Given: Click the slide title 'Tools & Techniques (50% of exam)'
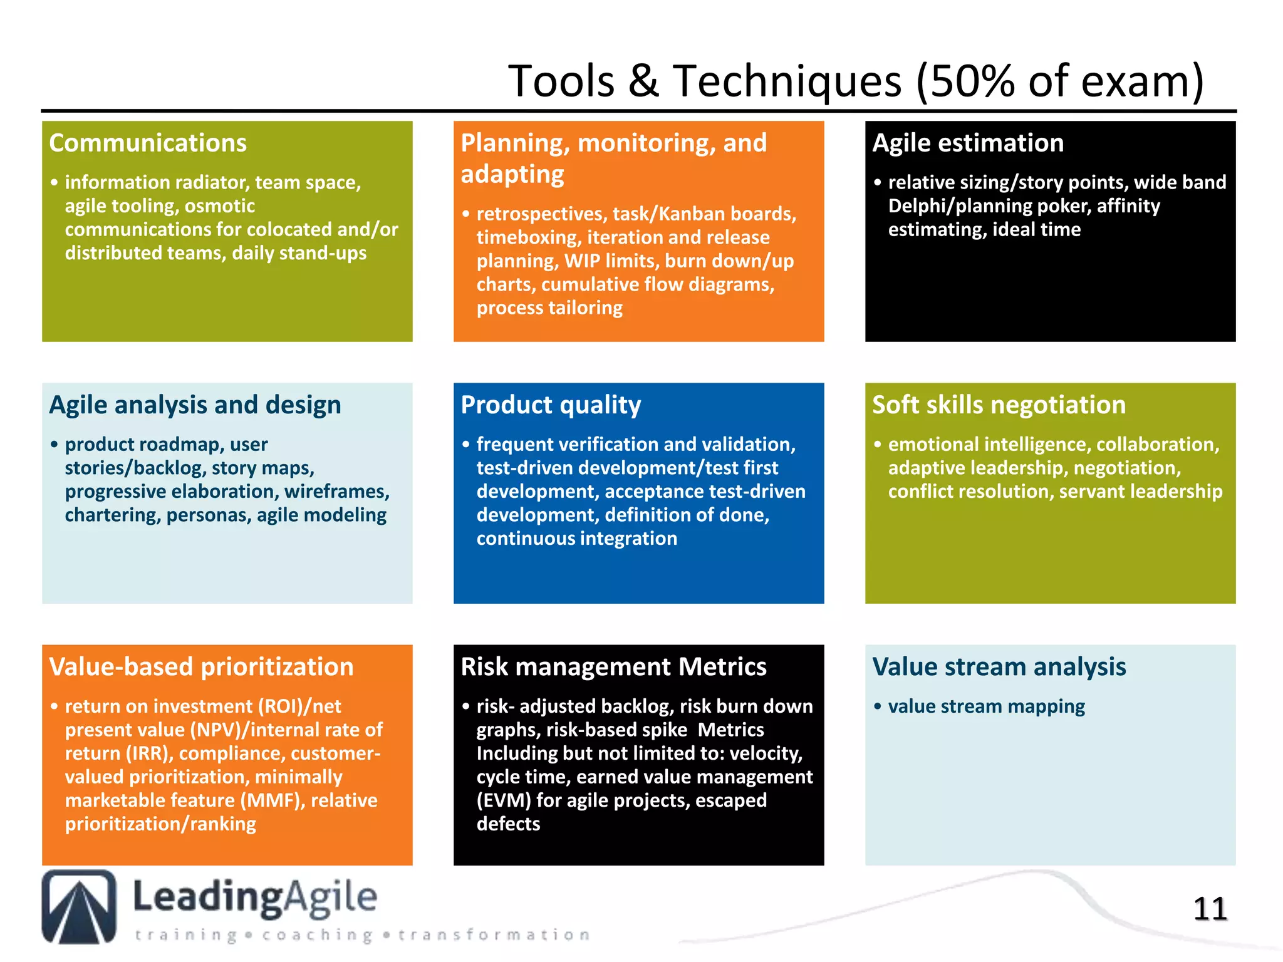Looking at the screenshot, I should [x=855, y=81].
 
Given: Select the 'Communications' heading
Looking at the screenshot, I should [x=148, y=143].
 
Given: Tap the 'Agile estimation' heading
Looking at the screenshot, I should [x=968, y=143].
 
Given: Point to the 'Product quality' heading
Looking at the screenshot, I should [x=551, y=405].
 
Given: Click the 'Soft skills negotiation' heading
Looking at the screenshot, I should [x=999, y=405].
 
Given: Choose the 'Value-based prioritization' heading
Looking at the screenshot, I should [x=201, y=666].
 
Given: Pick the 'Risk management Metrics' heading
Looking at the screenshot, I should [x=613, y=666].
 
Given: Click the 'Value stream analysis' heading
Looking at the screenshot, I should [x=999, y=666].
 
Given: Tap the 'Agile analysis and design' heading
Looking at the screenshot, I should [x=195, y=405].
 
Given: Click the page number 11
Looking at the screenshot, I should [x=1210, y=909].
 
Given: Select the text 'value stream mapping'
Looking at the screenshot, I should [x=986, y=706].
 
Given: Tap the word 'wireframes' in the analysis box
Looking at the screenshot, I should [x=335, y=492].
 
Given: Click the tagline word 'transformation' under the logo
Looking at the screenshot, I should [x=494, y=935].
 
